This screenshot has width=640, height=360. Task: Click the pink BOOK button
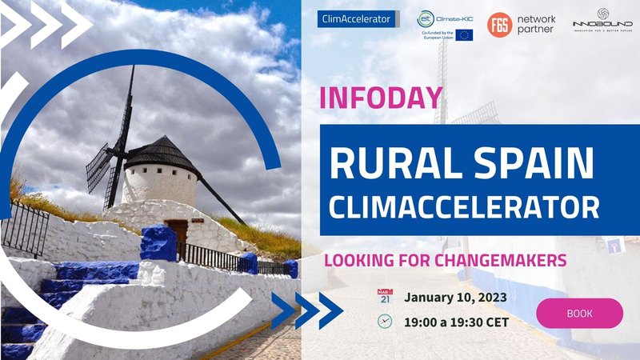tap(579, 313)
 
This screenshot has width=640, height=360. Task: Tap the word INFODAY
tap(380, 98)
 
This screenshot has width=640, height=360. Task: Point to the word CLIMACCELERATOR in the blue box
tap(464, 207)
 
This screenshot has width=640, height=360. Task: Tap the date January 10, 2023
tap(455, 298)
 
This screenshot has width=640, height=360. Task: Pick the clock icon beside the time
tap(384, 321)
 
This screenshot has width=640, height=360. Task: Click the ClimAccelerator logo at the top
tap(357, 18)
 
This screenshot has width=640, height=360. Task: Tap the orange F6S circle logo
tap(500, 24)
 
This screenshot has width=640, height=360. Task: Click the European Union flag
tap(465, 34)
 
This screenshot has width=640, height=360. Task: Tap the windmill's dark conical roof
tap(165, 152)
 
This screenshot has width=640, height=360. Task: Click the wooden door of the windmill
tap(177, 234)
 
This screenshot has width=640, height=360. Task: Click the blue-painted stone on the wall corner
tap(158, 242)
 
